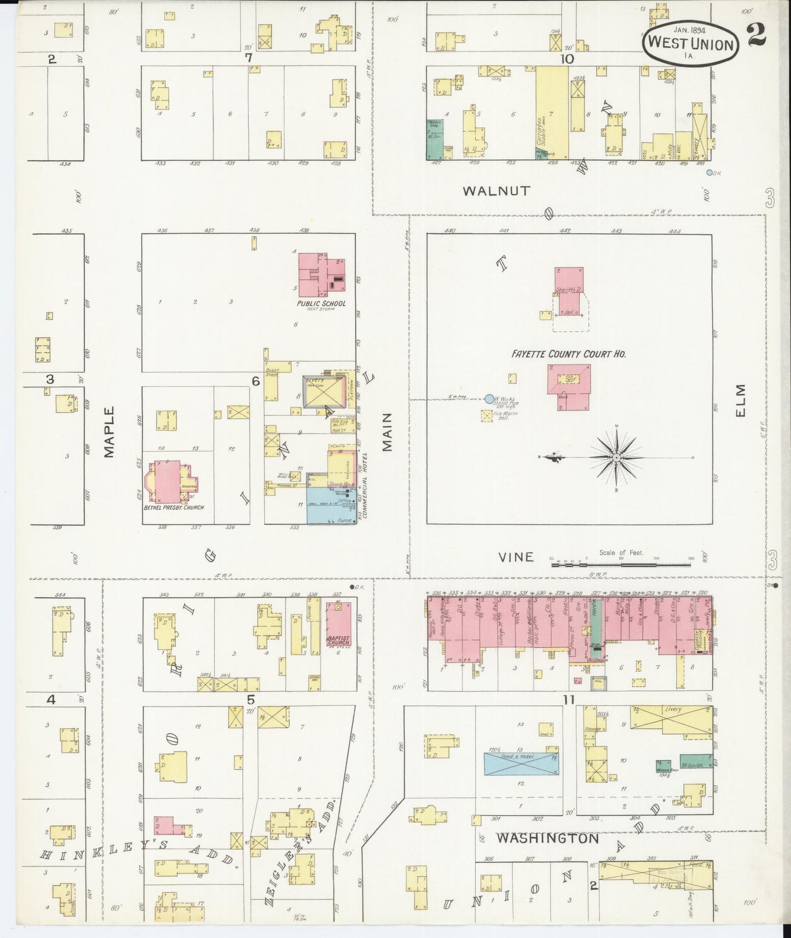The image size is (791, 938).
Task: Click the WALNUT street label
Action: coord(496,190)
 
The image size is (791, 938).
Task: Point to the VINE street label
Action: coord(516,557)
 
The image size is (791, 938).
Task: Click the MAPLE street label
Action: coord(109,432)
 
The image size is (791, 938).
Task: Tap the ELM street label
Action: coord(740,402)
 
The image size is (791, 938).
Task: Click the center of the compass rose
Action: coord(616,457)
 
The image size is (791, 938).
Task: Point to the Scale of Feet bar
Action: coord(621,562)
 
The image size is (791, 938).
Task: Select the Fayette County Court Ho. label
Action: coord(569,354)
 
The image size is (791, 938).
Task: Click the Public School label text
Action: coord(321,303)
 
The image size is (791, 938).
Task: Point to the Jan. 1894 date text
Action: coord(691,25)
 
